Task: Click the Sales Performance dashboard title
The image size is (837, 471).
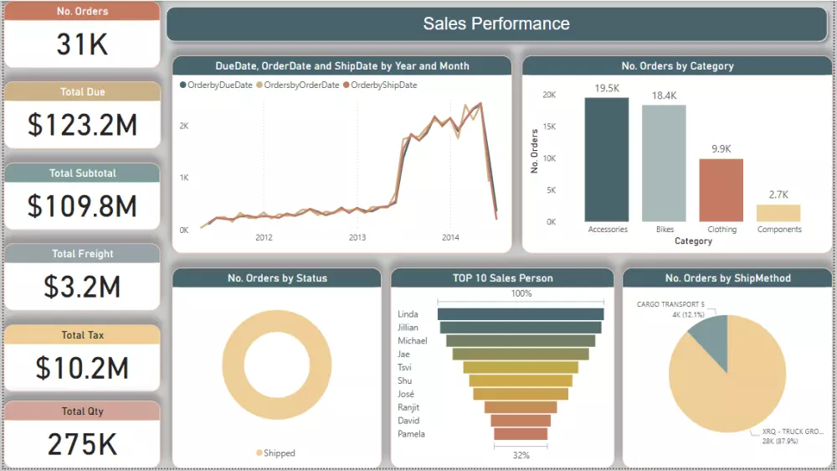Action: (x=496, y=24)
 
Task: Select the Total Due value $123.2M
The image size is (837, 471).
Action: (x=82, y=125)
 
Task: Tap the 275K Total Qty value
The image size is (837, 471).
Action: (x=82, y=444)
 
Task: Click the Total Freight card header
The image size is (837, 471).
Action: (x=82, y=254)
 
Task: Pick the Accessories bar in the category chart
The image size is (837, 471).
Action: (x=607, y=159)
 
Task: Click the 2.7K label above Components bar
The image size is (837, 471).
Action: (x=778, y=194)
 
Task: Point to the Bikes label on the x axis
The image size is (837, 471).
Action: (x=665, y=230)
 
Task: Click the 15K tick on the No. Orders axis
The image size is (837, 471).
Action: (x=549, y=127)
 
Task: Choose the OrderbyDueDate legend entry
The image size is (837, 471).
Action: (x=217, y=85)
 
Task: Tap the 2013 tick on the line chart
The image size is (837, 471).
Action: (x=357, y=238)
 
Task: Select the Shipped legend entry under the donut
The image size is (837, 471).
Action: (x=275, y=453)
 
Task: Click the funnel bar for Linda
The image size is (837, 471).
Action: (x=521, y=314)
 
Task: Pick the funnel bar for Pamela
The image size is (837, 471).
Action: (x=521, y=434)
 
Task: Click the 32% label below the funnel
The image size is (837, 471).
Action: (x=521, y=455)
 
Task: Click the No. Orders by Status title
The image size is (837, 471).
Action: (x=277, y=278)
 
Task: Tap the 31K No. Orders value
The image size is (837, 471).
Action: (x=82, y=44)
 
